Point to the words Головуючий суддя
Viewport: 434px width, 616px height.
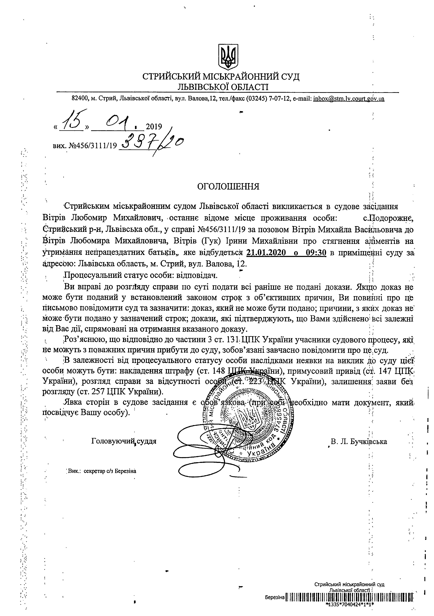coord(124,441)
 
